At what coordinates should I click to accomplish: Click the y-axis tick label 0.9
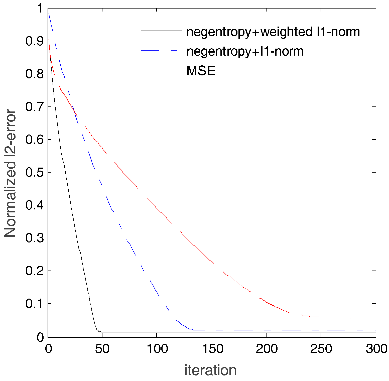(x=35, y=41)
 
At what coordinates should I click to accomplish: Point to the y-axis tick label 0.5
(x=35, y=173)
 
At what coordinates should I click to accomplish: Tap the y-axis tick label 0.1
(x=35, y=304)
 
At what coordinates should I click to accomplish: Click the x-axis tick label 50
(x=102, y=349)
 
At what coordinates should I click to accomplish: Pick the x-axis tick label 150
(x=212, y=349)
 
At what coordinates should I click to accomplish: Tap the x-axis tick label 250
(x=321, y=349)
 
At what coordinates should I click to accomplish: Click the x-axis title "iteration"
(x=210, y=370)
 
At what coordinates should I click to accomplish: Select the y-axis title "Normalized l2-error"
(x=11, y=173)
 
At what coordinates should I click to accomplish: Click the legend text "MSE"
(x=201, y=71)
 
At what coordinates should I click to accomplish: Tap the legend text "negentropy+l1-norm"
(x=245, y=51)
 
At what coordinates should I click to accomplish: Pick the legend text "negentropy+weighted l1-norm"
(x=273, y=32)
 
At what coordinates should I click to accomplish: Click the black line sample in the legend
(x=162, y=31)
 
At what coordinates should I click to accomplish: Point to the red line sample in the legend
(x=159, y=70)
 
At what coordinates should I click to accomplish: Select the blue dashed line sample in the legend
(x=159, y=50)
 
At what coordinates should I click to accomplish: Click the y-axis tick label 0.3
(x=35, y=238)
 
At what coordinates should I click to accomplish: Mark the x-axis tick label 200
(x=267, y=349)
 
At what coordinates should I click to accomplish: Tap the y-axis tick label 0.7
(x=35, y=107)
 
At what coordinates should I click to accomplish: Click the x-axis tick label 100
(x=157, y=349)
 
